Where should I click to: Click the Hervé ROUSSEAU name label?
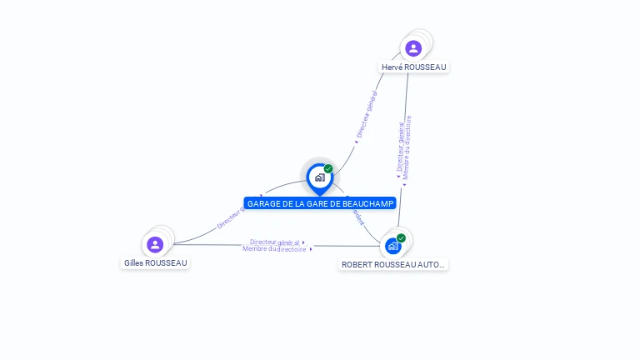414,67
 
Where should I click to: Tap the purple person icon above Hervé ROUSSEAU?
413,48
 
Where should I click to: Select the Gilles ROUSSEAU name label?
155,262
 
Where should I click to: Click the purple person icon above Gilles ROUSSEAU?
155,244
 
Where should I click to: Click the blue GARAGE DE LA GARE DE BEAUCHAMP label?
320,203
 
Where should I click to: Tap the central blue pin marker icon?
319,177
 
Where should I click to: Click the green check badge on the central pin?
328,169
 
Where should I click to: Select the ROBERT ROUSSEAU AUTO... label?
393,264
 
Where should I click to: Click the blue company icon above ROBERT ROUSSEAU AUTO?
392,246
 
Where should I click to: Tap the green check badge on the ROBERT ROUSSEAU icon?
401,238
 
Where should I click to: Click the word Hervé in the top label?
392,67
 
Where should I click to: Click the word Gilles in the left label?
133,262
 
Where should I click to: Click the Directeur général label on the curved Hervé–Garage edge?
367,115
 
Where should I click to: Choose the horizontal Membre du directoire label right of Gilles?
274,249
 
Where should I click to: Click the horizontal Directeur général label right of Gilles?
274,242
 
